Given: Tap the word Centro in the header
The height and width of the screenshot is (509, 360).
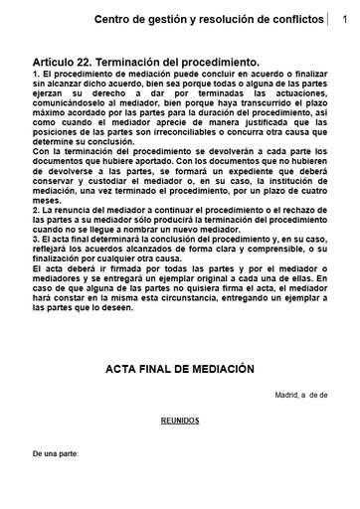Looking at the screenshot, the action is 115,20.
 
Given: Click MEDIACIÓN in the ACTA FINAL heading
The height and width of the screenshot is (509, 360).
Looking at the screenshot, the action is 213,369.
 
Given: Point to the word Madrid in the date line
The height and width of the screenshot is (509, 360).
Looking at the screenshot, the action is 289,395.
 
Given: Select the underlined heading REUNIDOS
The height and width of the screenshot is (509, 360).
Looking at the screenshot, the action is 180,421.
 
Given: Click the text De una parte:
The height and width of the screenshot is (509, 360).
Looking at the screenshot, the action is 56,453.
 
